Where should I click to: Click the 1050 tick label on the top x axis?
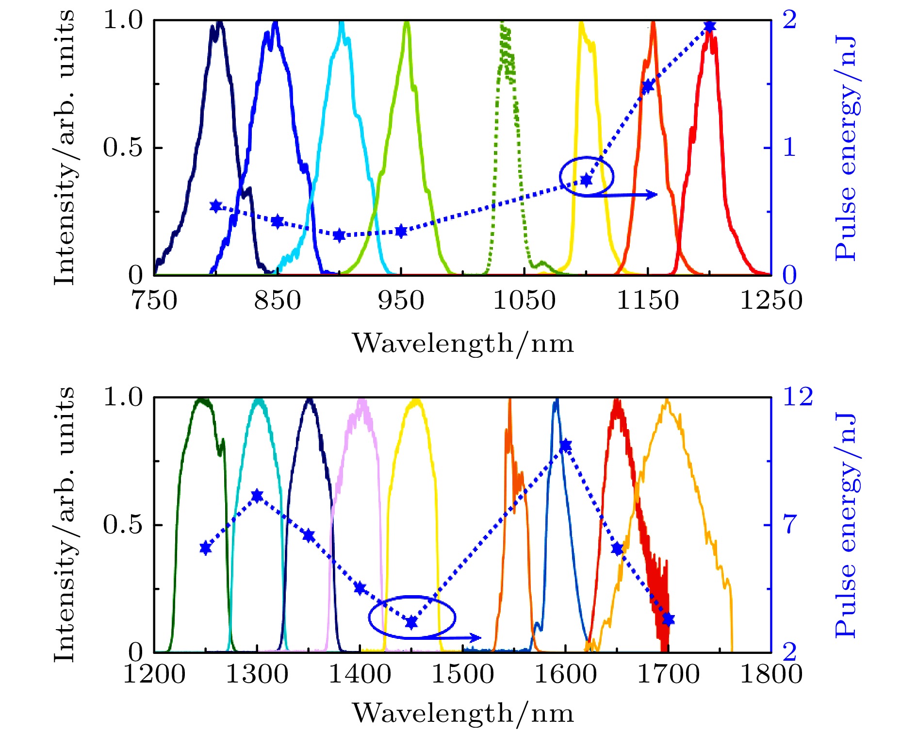point(524,300)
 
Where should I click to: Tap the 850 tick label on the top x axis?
point(278,300)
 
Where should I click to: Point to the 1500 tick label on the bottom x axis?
point(462,675)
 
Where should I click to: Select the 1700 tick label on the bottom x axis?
point(668,675)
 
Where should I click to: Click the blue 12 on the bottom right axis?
point(798,397)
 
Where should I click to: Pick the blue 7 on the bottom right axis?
point(790,525)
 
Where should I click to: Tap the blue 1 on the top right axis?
point(789,147)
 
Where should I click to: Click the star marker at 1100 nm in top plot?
point(586,180)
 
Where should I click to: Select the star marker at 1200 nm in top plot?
point(709,26)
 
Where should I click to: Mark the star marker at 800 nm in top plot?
point(216,206)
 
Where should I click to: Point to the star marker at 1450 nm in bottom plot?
point(411,622)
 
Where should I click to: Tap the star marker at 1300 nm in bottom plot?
point(257,496)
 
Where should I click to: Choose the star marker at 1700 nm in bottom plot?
point(669,619)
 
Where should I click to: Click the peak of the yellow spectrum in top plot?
point(581,22)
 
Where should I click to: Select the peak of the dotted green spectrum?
point(502,24)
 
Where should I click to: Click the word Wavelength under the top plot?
point(432,343)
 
